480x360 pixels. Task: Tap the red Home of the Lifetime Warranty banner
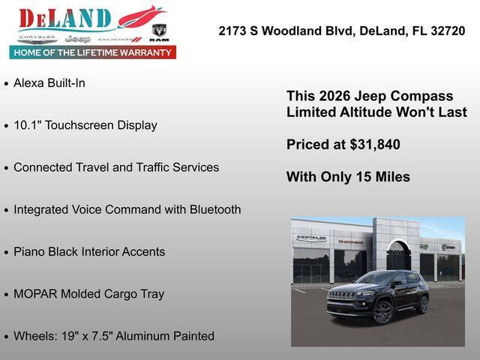tap(92, 52)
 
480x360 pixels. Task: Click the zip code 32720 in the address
tap(448, 31)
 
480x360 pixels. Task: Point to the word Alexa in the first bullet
tap(28, 83)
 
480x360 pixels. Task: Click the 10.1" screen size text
tap(28, 125)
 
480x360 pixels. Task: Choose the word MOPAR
tap(34, 294)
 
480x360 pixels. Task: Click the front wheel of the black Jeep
tap(382, 312)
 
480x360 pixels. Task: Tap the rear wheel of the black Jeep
tap(424, 303)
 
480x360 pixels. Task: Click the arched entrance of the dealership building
tap(397, 257)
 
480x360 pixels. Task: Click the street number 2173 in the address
tap(234, 31)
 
